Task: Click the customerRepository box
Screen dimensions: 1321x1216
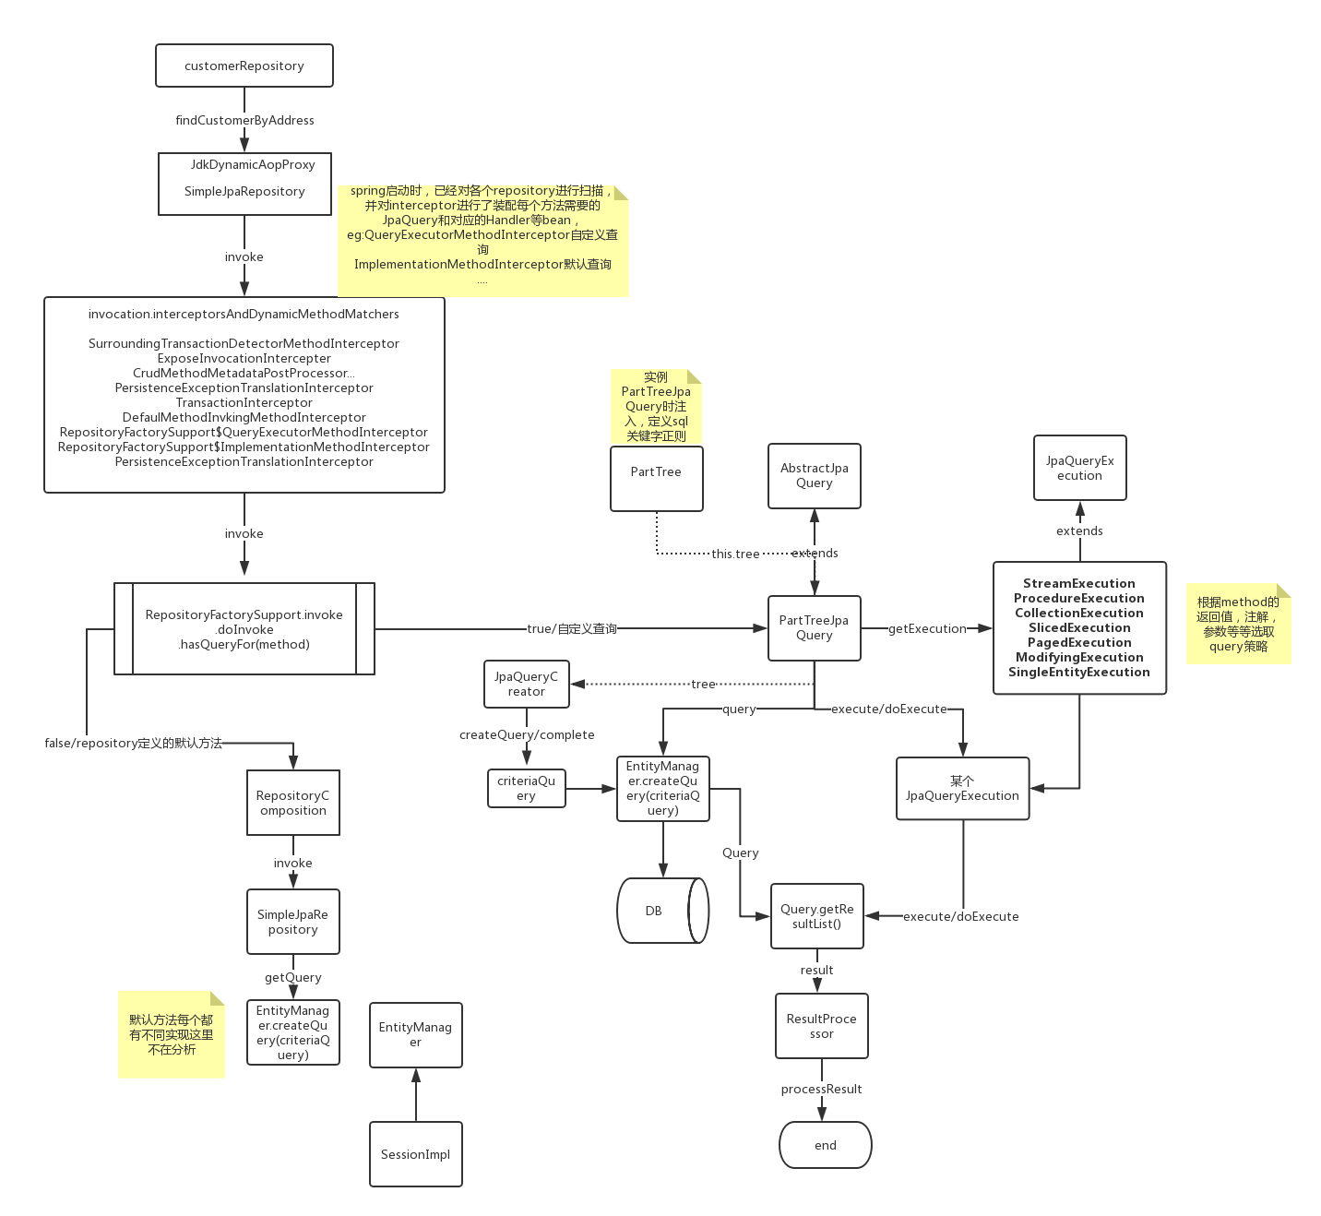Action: pos(244,66)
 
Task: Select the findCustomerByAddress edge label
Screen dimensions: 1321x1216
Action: pos(244,120)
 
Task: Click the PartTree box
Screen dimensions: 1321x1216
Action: pos(656,478)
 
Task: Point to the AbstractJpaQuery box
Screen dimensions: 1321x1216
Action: pos(814,475)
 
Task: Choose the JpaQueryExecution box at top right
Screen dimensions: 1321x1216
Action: pos(1079,468)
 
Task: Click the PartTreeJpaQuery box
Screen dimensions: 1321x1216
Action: pos(814,627)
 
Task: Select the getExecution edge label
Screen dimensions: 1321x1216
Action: pos(927,628)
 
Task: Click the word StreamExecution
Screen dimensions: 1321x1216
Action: pos(1078,583)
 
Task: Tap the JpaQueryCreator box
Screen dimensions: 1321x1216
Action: pos(526,684)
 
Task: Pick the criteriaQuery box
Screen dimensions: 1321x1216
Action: pos(526,788)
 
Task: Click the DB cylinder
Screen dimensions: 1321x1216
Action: pos(660,911)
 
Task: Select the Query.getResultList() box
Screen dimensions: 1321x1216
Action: pos(816,915)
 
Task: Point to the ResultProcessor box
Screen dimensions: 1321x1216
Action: pos(821,1026)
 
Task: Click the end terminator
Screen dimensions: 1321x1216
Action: pos(825,1145)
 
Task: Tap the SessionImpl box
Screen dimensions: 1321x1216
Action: pos(415,1154)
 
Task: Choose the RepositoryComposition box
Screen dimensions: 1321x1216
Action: pos(292,803)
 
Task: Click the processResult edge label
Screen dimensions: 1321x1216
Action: pos(821,1089)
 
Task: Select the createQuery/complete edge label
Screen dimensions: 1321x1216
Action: pos(527,734)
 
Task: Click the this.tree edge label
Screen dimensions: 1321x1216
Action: pos(735,554)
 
